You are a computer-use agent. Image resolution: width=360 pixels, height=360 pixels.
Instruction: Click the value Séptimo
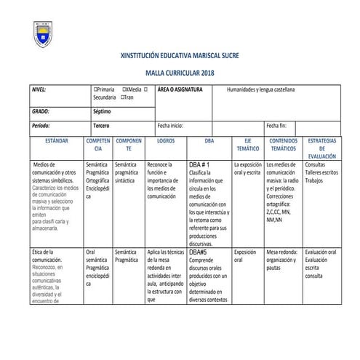pyautogui.click(x=103, y=111)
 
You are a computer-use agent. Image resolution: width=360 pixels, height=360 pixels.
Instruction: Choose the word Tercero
pyautogui.click(x=102, y=125)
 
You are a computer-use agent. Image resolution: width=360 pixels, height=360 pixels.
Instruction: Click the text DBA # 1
pyautogui.click(x=199, y=165)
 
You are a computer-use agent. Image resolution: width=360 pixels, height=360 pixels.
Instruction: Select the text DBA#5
pyautogui.click(x=198, y=252)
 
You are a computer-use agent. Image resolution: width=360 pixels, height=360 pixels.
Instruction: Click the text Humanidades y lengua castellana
pyautogui.click(x=265, y=90)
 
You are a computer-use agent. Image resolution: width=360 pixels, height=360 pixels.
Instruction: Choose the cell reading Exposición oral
pyautogui.click(x=245, y=255)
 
